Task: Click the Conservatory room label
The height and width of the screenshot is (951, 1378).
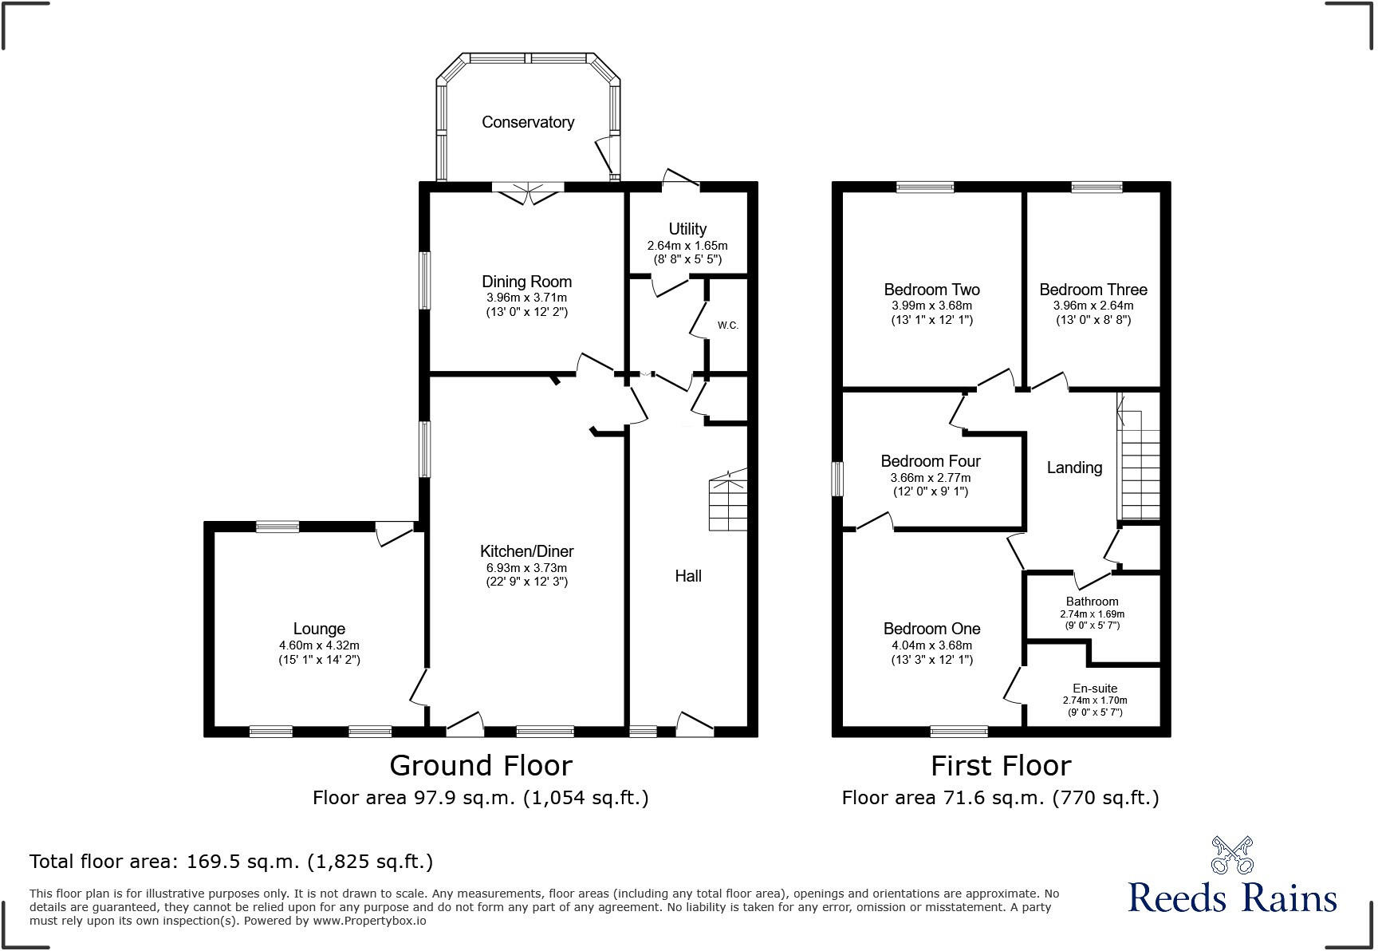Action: (527, 122)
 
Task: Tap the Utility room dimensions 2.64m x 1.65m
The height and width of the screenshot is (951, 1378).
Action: (687, 246)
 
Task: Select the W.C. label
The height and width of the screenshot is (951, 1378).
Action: (727, 326)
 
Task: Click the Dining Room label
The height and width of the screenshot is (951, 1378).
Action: (526, 282)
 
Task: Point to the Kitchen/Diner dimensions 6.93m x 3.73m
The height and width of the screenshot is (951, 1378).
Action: (526, 568)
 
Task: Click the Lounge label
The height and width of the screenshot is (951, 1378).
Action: (319, 629)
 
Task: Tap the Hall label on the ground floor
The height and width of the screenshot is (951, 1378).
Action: (688, 576)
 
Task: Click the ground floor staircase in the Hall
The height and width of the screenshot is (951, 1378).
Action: (728, 503)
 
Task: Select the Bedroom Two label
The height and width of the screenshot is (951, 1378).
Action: (931, 290)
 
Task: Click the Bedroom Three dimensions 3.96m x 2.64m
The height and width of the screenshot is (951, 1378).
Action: (1093, 306)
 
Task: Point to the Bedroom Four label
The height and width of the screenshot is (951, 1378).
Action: (931, 461)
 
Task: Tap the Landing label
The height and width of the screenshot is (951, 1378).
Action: (1074, 468)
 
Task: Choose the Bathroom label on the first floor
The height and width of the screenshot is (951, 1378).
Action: (1092, 602)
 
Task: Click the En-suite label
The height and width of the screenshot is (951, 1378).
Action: (1094, 689)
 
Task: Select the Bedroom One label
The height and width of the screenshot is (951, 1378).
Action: (931, 629)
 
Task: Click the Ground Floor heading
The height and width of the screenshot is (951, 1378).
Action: (480, 766)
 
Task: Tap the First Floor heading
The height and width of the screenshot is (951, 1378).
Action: (1000, 766)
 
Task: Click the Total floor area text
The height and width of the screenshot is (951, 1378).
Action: (231, 862)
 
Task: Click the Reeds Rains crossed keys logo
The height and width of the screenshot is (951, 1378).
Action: (1232, 855)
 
